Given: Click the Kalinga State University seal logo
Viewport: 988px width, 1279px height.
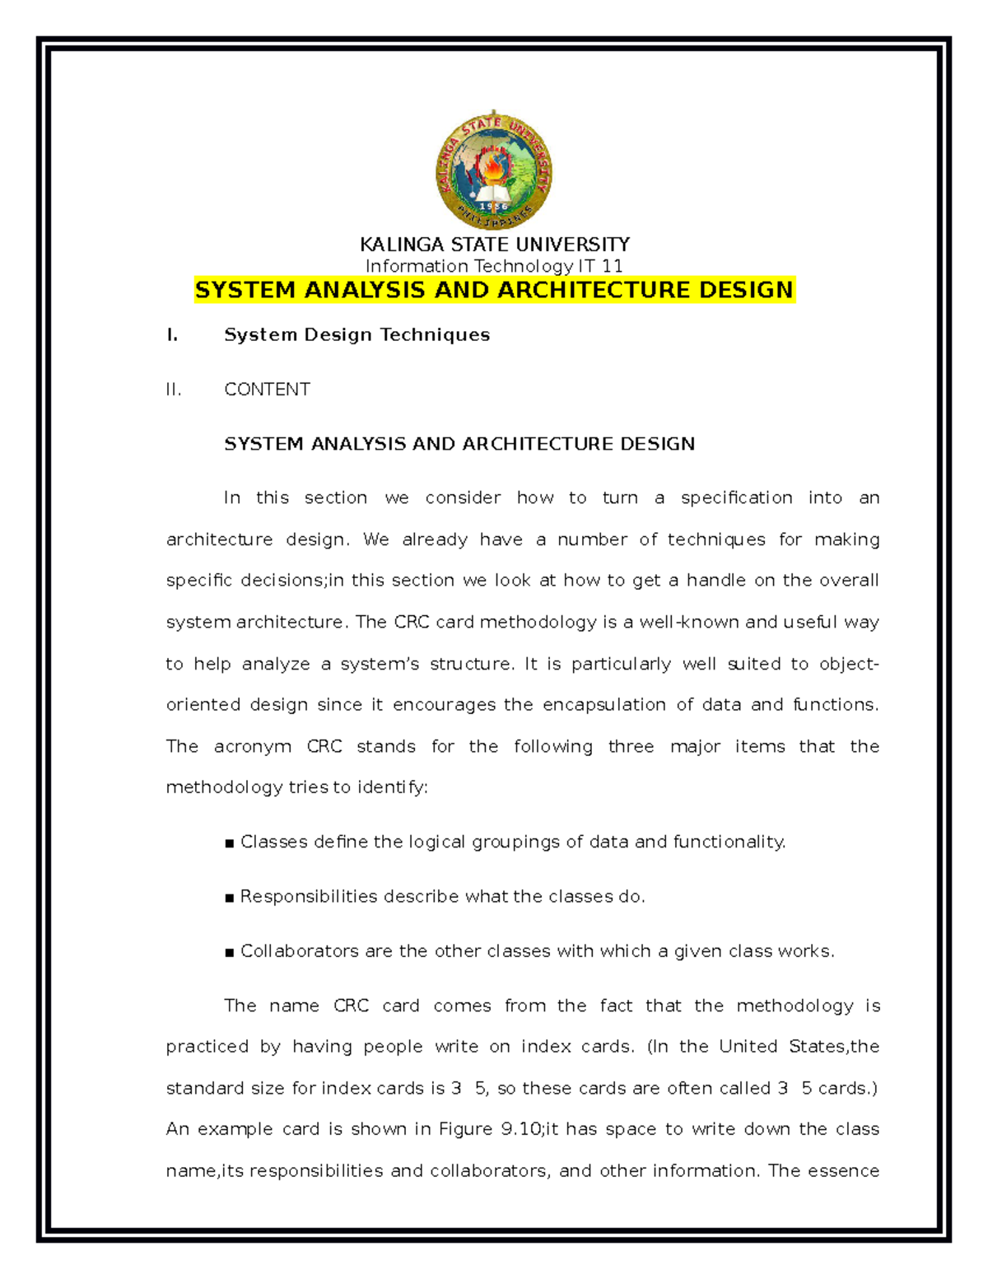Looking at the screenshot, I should tap(493, 171).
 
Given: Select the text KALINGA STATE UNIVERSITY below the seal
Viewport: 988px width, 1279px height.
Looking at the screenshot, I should tap(494, 245).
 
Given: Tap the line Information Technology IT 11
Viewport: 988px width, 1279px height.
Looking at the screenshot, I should tap(494, 266).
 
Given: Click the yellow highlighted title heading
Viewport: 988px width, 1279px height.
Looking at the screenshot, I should tap(494, 290).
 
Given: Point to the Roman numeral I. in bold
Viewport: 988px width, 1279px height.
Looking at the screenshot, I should tap(171, 335).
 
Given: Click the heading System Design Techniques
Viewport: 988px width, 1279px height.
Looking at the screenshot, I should tap(357, 335).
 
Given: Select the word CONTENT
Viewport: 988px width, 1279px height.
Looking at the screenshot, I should tap(267, 390).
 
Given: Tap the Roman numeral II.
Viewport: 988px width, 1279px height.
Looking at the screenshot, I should tap(173, 390).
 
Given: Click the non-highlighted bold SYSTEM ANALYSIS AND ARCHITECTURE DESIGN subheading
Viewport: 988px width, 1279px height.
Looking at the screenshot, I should tap(459, 444).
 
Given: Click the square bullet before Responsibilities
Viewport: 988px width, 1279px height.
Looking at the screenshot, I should tap(230, 898).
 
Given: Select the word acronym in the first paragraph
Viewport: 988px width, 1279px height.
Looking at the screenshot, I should tap(252, 747).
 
